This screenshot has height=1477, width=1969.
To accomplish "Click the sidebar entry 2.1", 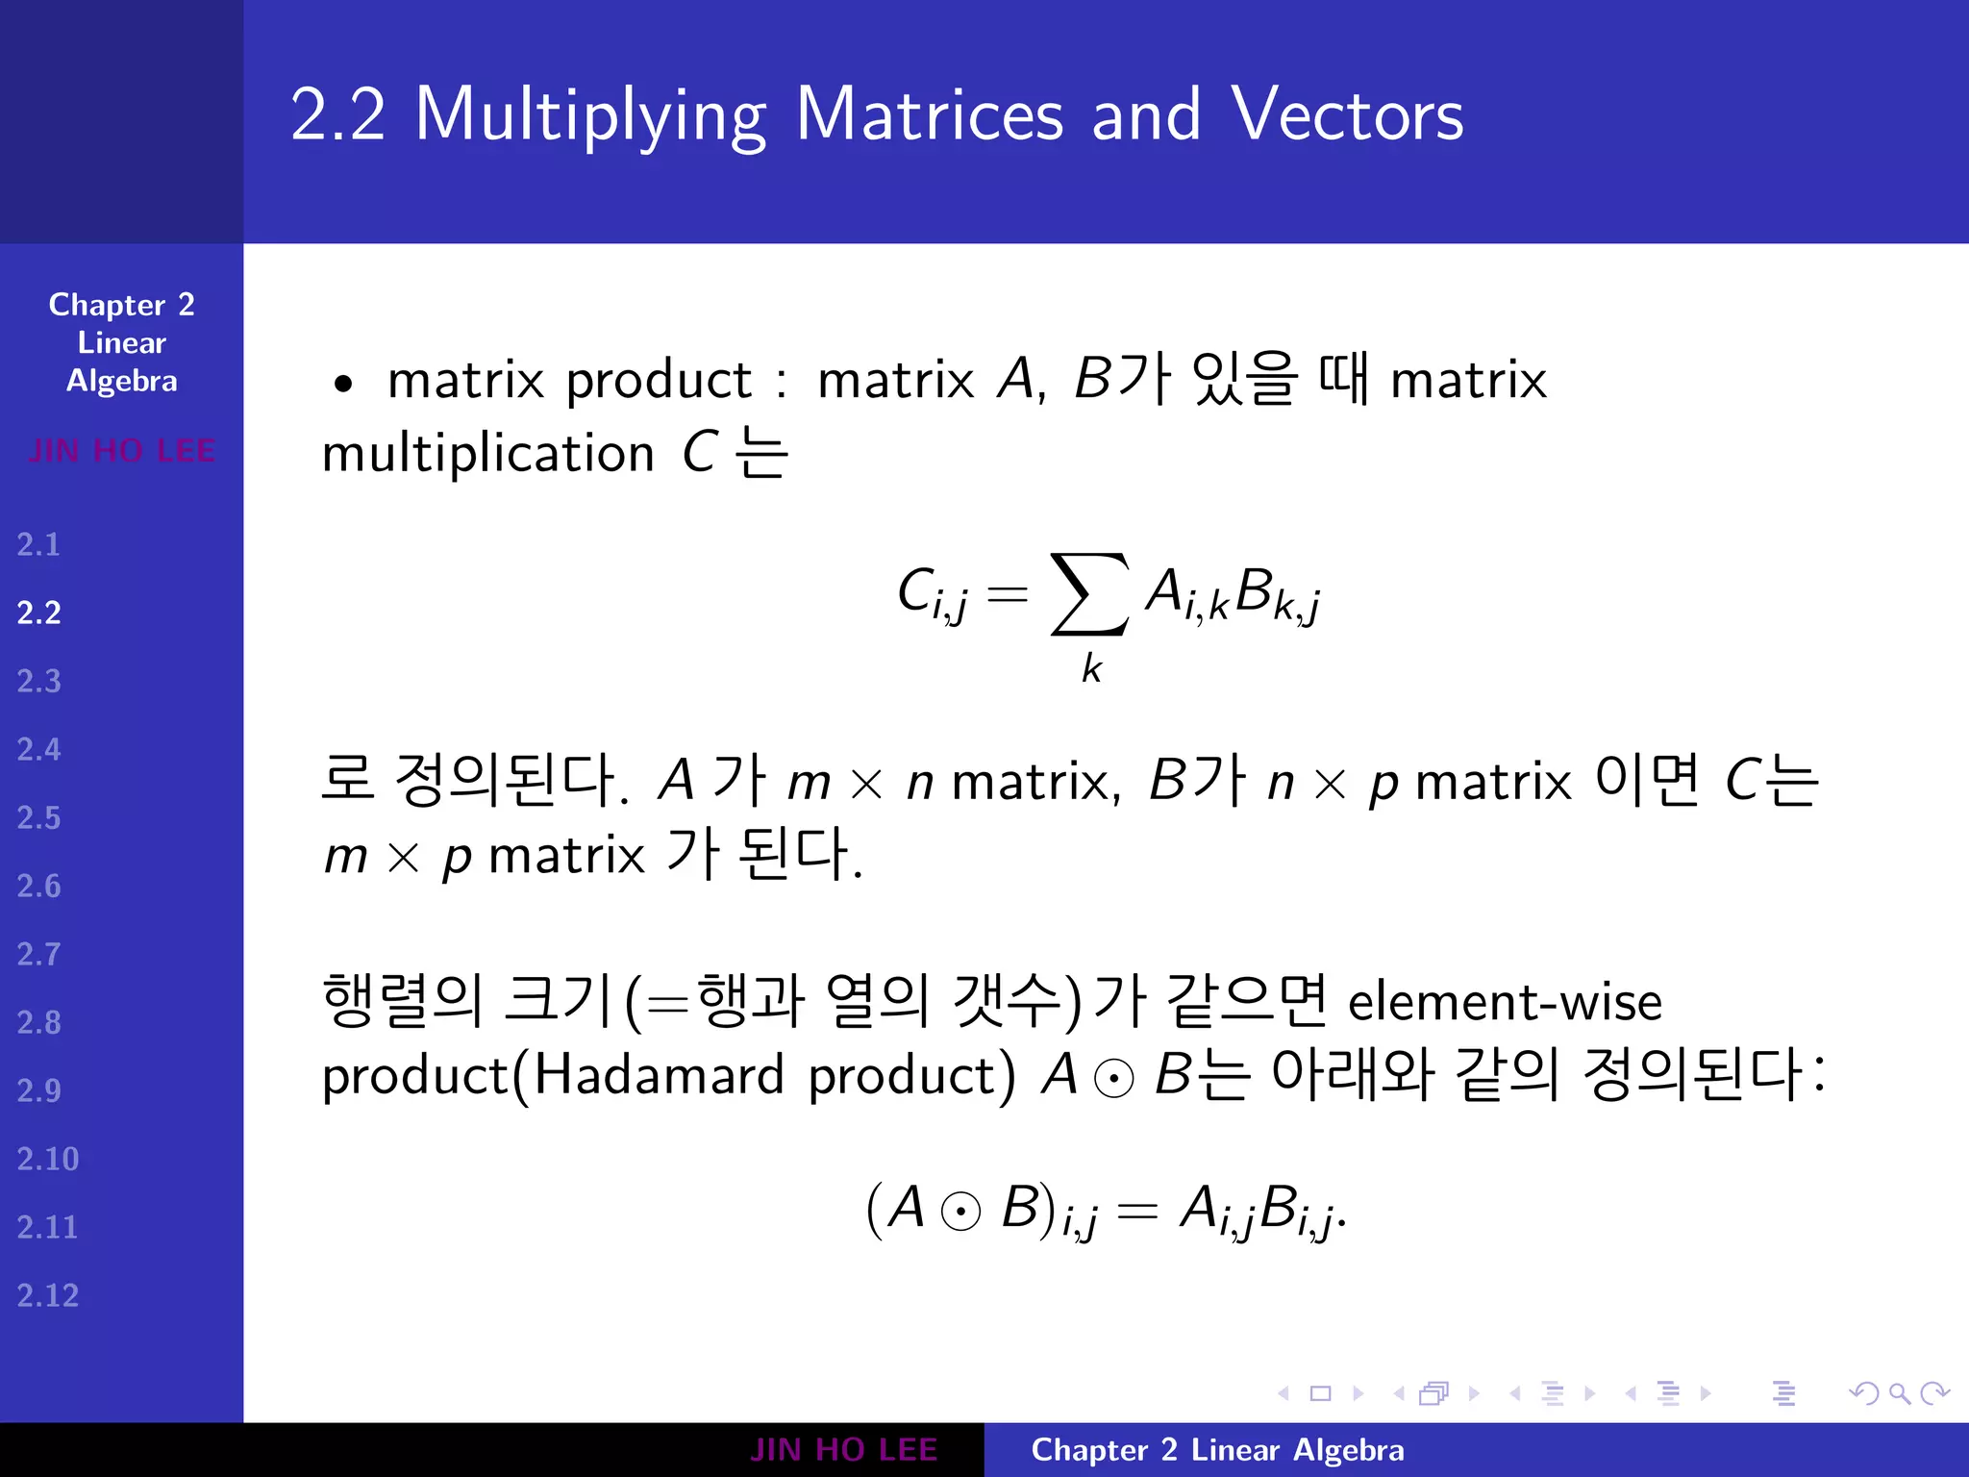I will click(38, 545).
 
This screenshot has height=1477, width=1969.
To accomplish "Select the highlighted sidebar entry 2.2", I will click(38, 613).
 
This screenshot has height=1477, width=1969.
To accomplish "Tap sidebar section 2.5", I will click(38, 818).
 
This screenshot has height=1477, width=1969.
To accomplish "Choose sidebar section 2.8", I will click(38, 1023).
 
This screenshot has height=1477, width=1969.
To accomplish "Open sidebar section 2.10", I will click(47, 1160).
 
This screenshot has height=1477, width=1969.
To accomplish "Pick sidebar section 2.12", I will click(47, 1296).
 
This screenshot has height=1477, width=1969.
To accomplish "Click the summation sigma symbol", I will click(1088, 594).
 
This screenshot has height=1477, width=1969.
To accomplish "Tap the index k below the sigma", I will click(1091, 668).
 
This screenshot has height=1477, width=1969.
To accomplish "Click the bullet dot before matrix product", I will click(343, 384).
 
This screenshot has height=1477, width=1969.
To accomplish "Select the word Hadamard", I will click(659, 1075).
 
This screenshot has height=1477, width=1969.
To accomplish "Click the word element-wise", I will click(1505, 1002).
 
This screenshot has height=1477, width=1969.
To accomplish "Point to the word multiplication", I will click(488, 454).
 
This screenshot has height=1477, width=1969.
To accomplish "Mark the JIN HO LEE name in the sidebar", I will click(122, 450).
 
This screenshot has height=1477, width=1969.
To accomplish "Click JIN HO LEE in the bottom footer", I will click(843, 1450).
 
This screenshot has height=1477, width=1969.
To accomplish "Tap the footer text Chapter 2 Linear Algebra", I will click(1217, 1450).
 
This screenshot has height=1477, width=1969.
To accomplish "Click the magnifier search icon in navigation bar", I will click(1899, 1393).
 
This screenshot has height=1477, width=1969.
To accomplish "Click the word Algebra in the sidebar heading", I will click(122, 382).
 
